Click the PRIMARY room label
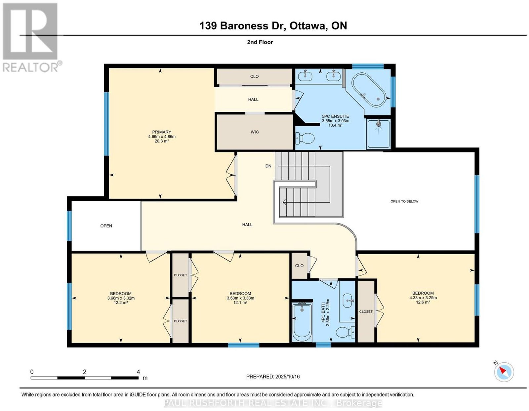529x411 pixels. click(x=162, y=132)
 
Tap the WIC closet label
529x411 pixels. click(x=255, y=132)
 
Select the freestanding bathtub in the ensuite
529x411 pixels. click(x=369, y=90)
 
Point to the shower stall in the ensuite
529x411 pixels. click(x=379, y=134)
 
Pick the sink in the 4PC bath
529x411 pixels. click(x=348, y=301)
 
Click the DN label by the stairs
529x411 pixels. click(x=268, y=166)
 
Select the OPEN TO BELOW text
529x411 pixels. click(x=404, y=201)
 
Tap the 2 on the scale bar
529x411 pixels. click(x=84, y=372)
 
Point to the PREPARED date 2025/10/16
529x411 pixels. click(x=287, y=376)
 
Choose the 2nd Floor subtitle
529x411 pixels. click(x=260, y=42)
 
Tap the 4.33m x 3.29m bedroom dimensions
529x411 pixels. click(x=423, y=298)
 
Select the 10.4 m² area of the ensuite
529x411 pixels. click(x=336, y=125)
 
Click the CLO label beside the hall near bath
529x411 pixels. click(x=299, y=266)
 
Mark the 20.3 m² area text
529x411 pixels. click(x=162, y=141)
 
